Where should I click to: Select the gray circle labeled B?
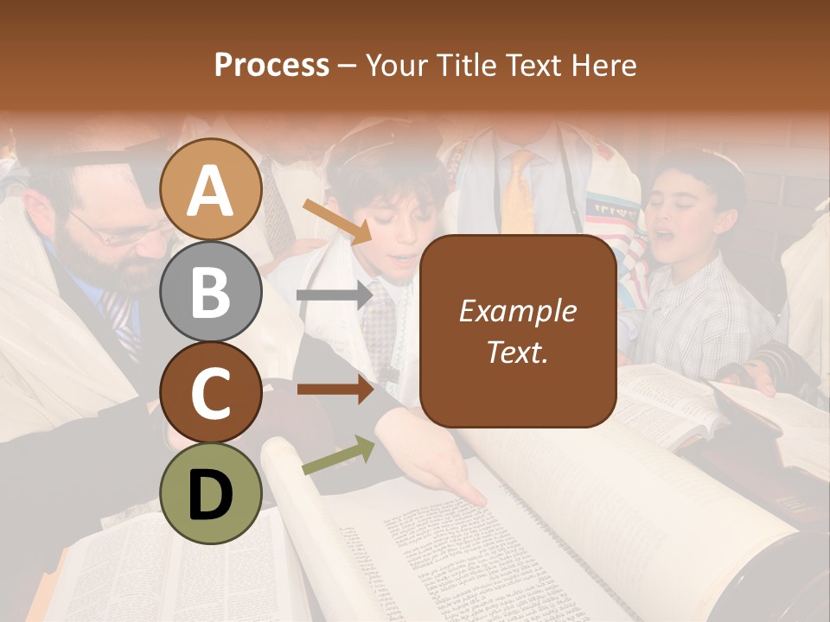click(210, 292)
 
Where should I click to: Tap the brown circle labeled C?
click(210, 392)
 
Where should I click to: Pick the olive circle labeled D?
click(210, 493)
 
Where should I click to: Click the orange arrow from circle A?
click(337, 219)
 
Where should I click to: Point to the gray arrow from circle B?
click(335, 295)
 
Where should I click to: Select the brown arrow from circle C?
click(335, 389)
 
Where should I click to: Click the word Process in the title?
click(271, 65)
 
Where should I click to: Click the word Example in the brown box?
click(517, 311)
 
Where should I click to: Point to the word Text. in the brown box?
click(517, 352)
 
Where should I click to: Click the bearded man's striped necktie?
click(119, 320)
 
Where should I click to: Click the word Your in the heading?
click(393, 65)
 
